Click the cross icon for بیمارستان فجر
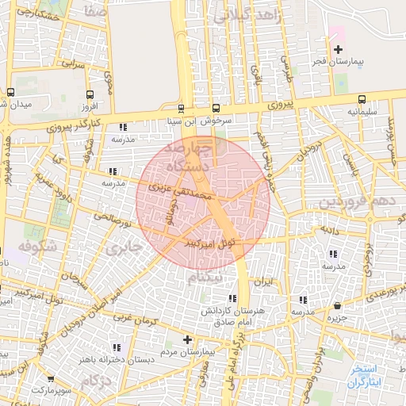pos(338,49)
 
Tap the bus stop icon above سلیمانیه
pos(362,100)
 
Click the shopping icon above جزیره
pos(338,305)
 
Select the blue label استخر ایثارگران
pos(366,376)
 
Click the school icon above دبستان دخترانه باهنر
pos(118,347)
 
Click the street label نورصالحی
pos(112,216)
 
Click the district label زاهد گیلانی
pos(242,15)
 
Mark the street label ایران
pos(263,282)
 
